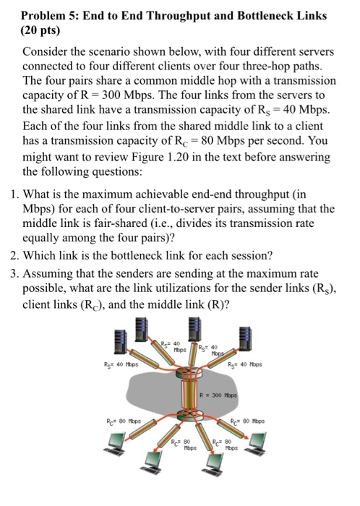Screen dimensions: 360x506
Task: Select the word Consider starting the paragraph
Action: point(46,53)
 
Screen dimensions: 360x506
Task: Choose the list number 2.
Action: point(13,256)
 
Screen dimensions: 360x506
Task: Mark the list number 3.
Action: point(13,274)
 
